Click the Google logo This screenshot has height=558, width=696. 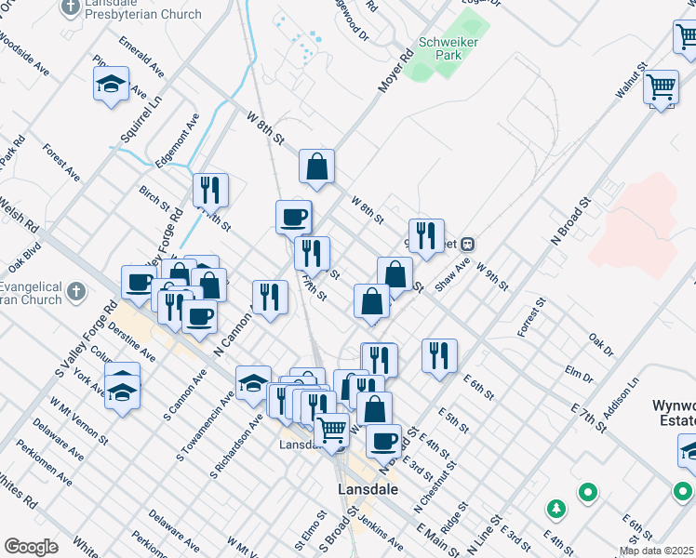pyautogui.click(x=30, y=547)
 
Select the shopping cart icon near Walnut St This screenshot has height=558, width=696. pyautogui.click(x=661, y=88)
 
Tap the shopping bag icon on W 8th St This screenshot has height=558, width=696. pyautogui.click(x=316, y=167)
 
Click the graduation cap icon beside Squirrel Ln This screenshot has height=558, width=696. pyautogui.click(x=111, y=86)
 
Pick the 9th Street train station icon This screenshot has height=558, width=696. pyautogui.click(x=469, y=245)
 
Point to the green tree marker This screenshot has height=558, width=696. pyautogui.click(x=556, y=509)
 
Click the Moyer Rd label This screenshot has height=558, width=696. pyautogui.click(x=395, y=71)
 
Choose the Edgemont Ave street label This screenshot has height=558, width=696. pyautogui.click(x=178, y=140)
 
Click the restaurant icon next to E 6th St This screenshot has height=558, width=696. pyautogui.click(x=439, y=355)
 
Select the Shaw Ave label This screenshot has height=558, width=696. pyautogui.click(x=453, y=272)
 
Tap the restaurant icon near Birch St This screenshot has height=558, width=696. pyautogui.click(x=210, y=190)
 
